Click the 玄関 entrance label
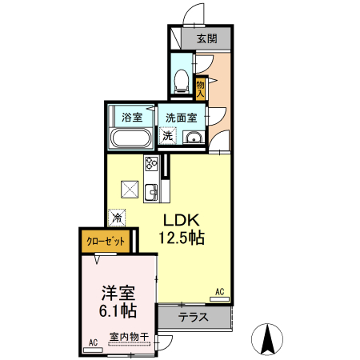206,38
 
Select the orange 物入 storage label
201,86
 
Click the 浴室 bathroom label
132,117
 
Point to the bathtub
131,139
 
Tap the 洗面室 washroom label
181,117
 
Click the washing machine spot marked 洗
167,136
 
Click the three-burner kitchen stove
151,165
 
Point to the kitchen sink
151,191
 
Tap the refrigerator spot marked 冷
118,215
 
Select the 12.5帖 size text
182,238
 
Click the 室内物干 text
128,337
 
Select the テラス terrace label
193,317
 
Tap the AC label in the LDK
219,293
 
